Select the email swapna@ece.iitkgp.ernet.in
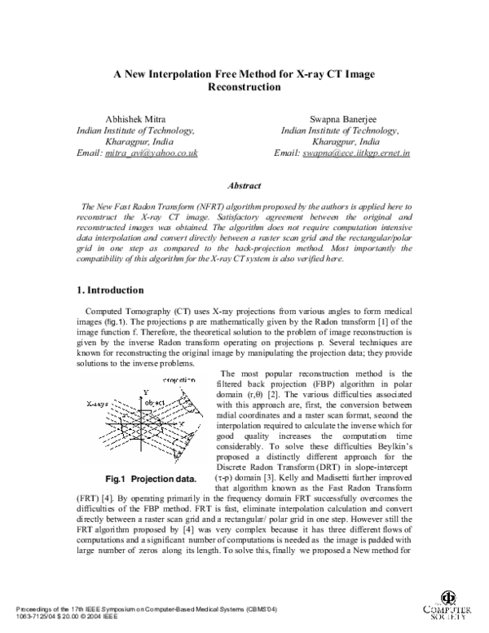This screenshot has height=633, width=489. [x=357, y=153]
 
